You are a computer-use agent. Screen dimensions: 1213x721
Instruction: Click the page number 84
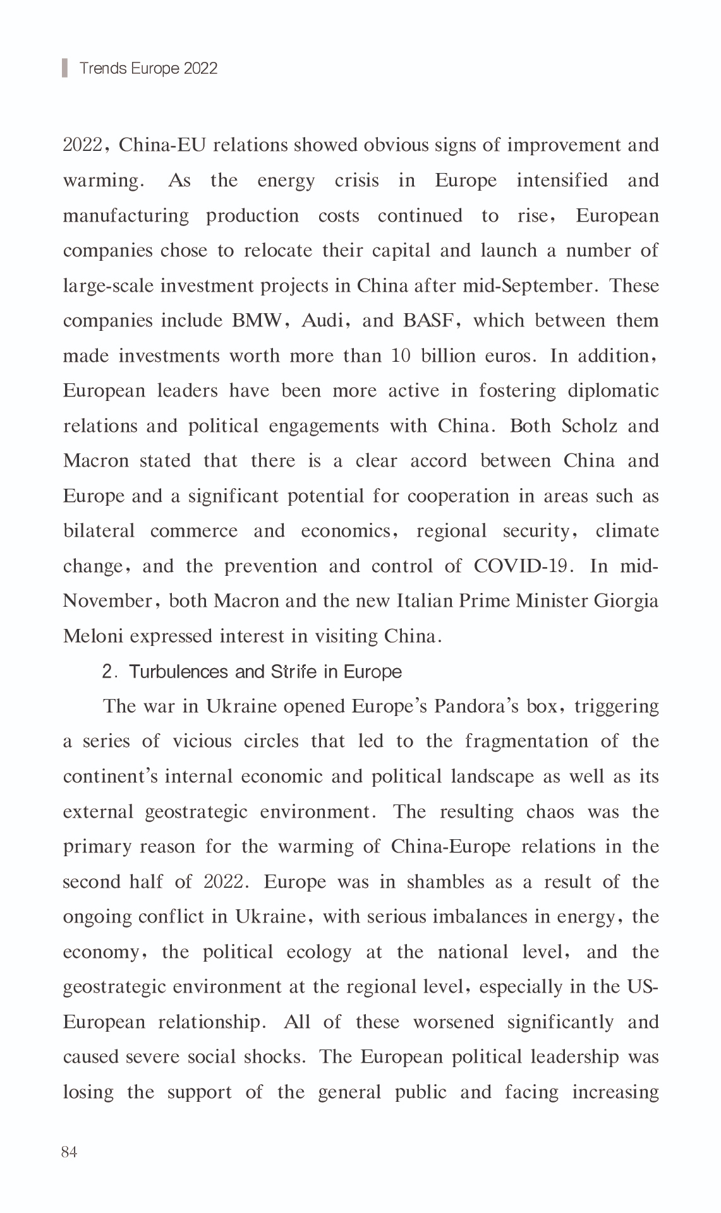70,1152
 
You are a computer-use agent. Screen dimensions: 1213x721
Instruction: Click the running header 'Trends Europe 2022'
148,68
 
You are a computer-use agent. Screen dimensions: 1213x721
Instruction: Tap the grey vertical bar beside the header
64,68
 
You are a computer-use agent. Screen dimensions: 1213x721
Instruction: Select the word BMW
257,321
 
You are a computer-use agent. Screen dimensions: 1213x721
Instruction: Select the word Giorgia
626,601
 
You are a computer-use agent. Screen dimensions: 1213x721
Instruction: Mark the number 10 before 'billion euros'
401,356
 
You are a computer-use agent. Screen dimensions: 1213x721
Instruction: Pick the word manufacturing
126,216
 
